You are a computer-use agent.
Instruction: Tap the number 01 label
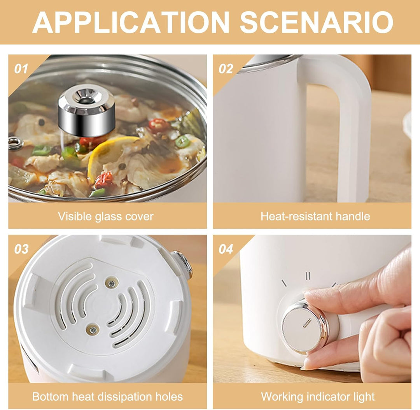pyautogui.click(x=21, y=69)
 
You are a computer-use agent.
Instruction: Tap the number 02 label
pyautogui.click(x=226, y=69)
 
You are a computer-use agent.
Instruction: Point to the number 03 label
pyautogui.click(x=21, y=249)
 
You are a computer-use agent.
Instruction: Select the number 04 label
pyautogui.click(x=226, y=249)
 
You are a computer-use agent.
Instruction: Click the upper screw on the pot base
pyautogui.click(x=112, y=282)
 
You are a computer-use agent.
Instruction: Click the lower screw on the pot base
pyautogui.click(x=93, y=329)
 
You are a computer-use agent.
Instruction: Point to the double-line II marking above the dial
pyautogui.click(x=308, y=276)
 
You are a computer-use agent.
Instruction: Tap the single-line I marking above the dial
pyautogui.click(x=284, y=283)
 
